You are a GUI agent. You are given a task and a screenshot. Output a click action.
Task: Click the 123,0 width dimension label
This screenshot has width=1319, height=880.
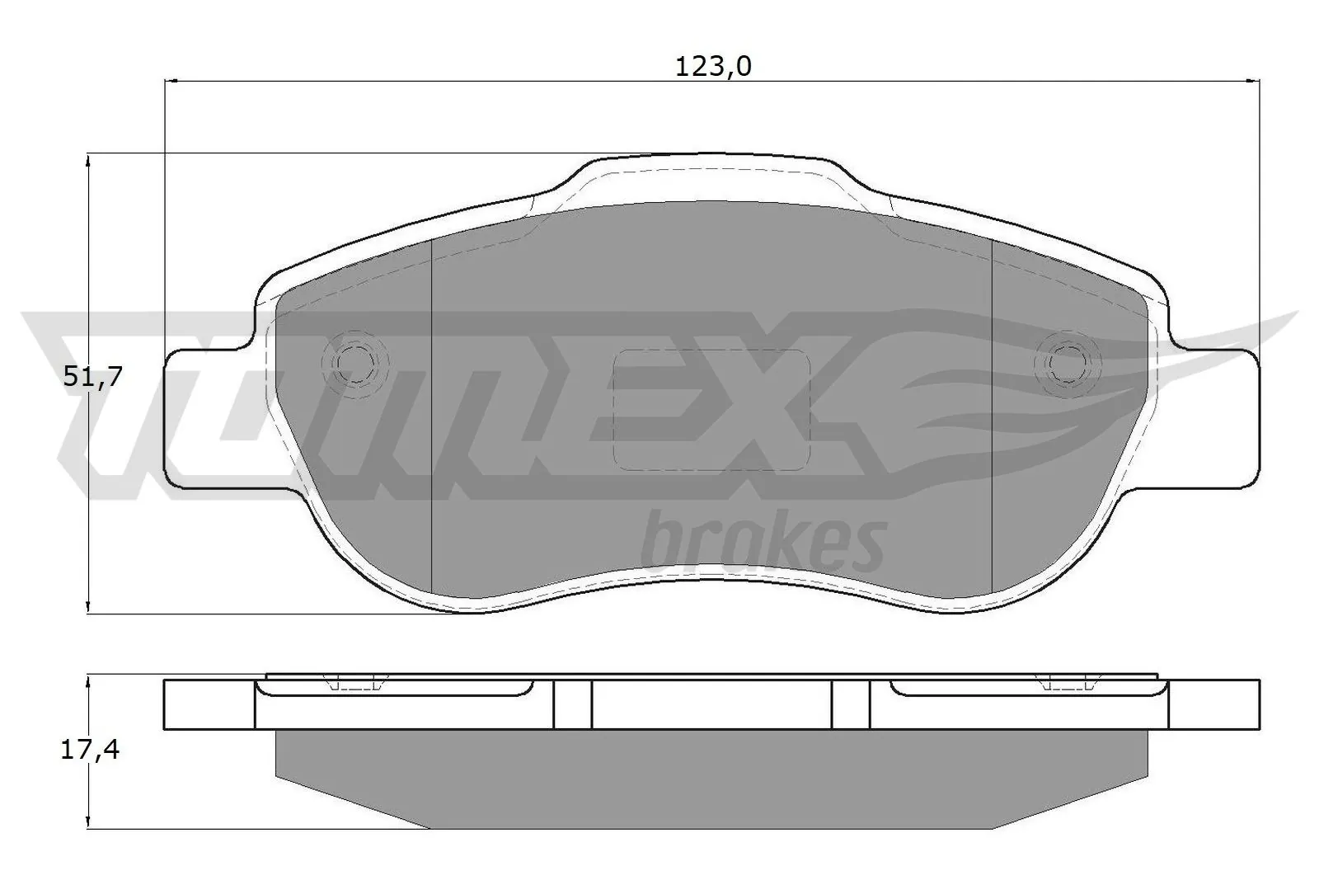pos(713,67)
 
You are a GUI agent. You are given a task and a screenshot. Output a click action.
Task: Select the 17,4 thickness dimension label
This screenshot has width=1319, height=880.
pos(91,751)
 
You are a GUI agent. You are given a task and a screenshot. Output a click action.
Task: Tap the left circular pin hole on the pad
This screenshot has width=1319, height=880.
pos(355,362)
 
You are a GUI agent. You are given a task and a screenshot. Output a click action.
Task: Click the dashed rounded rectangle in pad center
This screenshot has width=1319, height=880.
pos(712,410)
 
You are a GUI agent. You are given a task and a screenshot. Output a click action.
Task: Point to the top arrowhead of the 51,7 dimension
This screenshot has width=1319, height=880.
pos(88,160)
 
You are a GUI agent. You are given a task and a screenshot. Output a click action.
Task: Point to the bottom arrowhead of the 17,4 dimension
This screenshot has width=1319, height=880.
pos(88,821)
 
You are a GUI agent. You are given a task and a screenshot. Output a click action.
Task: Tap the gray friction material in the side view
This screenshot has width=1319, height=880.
pos(712,771)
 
